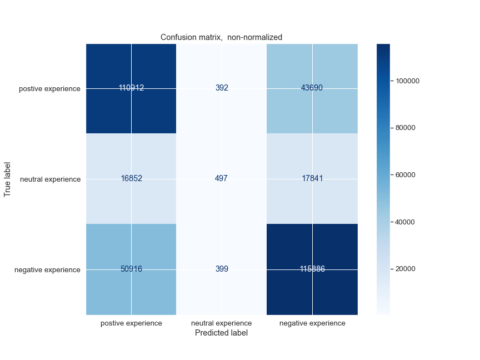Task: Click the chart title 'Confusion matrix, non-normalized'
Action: [x=221, y=37]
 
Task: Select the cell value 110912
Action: [x=131, y=88]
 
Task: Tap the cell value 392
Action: [x=222, y=88]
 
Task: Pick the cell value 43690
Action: [x=312, y=88]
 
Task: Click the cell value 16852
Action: [x=131, y=179]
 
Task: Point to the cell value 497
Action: [x=222, y=179]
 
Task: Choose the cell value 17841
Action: [x=312, y=179]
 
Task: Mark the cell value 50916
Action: [x=131, y=269]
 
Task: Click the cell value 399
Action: [x=222, y=269]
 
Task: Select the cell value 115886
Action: [x=312, y=269]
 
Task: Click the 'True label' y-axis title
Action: [x=8, y=179]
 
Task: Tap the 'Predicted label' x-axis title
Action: [x=221, y=333]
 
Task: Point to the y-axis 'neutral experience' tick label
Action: [x=50, y=179]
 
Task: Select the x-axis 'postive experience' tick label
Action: [x=131, y=323]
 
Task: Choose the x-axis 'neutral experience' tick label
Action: [x=222, y=323]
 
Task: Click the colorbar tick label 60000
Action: [x=405, y=175]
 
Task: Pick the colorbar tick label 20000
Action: [x=405, y=269]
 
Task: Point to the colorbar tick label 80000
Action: [x=405, y=128]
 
